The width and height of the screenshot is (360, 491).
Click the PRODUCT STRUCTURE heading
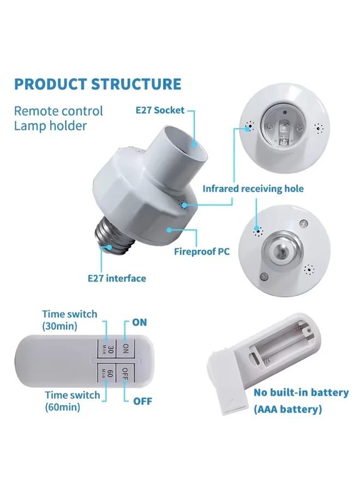tap(98, 84)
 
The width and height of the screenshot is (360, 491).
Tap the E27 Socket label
tap(160, 110)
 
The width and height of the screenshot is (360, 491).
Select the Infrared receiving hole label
tap(253, 189)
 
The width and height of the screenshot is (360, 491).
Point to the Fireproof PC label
tap(202, 251)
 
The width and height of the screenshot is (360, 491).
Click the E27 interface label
tap(117, 278)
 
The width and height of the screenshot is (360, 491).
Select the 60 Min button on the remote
tap(106, 373)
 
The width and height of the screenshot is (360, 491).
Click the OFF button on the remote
tap(125, 373)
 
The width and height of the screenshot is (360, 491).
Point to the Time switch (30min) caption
tap(69, 320)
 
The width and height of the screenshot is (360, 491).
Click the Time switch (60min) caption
tap(73, 401)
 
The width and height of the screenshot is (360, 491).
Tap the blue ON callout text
tap(139, 322)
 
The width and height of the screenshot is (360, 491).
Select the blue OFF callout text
tap(142, 401)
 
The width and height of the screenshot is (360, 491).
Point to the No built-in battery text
tap(301, 392)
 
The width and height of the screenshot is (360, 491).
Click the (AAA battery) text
tap(287, 409)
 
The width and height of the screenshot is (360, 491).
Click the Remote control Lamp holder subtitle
tap(58, 118)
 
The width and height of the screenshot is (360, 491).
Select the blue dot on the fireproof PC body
tap(169, 230)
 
